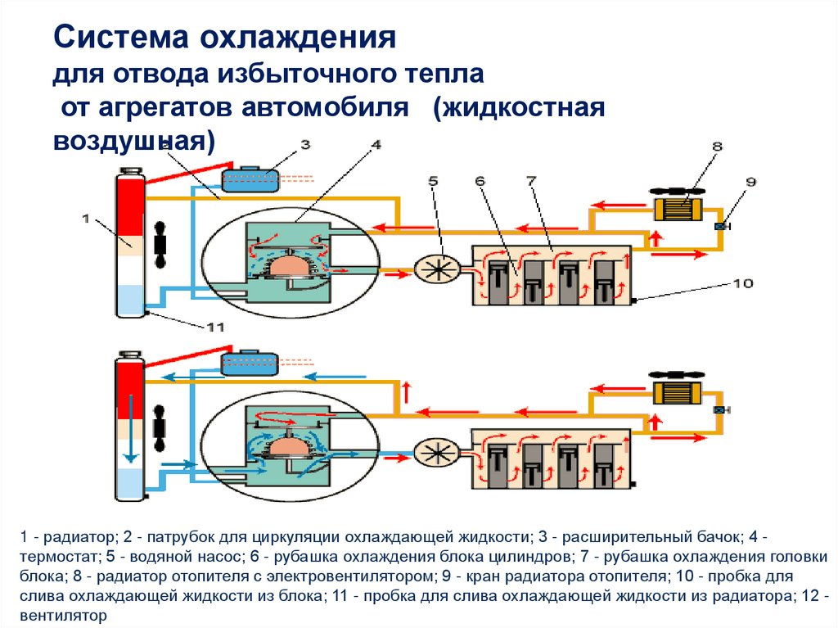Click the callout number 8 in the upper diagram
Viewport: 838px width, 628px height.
tap(717, 147)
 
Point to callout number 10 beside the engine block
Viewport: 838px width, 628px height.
tap(742, 283)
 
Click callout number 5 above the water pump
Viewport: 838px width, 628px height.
tap(433, 180)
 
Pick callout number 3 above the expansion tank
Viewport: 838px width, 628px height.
tap(304, 145)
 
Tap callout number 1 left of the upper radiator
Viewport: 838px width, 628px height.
tap(86, 218)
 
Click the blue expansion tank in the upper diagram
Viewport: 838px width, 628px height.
tap(251, 179)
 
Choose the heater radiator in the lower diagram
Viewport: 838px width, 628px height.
tap(679, 392)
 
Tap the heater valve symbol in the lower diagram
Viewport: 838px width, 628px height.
tap(721, 410)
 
